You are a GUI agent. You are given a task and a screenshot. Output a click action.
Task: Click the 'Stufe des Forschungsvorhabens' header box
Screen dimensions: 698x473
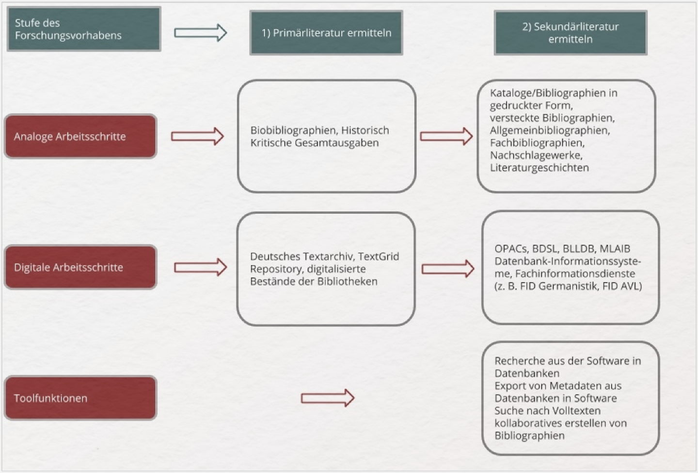click(x=84, y=29)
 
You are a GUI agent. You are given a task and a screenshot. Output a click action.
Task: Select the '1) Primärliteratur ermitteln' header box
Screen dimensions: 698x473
click(x=326, y=33)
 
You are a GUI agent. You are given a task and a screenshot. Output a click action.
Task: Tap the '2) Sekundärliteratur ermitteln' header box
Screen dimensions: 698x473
click(x=571, y=33)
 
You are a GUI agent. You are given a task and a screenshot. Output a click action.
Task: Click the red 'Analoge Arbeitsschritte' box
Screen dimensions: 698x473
click(x=80, y=136)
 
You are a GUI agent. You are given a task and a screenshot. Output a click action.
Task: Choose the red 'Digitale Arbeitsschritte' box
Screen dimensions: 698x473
click(x=80, y=267)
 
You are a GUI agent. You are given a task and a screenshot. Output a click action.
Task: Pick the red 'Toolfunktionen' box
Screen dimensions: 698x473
click(x=80, y=398)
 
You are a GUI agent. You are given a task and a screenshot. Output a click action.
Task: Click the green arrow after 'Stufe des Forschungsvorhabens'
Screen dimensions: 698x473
click(x=200, y=33)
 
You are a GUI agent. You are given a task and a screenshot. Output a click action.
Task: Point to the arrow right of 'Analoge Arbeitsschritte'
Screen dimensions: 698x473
click(x=198, y=136)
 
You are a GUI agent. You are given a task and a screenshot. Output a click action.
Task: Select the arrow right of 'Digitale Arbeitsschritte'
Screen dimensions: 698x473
click(x=200, y=267)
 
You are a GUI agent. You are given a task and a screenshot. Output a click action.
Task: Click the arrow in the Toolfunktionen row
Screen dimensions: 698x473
click(x=328, y=398)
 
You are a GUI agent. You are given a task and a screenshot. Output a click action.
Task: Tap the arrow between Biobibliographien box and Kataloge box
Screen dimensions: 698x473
click(x=446, y=136)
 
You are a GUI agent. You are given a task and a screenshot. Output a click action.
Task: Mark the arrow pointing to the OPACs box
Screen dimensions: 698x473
click(x=448, y=269)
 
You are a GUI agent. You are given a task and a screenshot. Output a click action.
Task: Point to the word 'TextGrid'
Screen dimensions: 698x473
click(x=378, y=256)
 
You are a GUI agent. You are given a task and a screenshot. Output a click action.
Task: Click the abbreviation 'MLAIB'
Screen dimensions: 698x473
click(x=615, y=248)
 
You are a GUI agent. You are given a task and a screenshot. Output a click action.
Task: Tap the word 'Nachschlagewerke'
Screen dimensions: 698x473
click(x=536, y=155)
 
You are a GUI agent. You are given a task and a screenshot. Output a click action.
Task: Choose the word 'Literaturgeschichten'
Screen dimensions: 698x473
click(x=539, y=168)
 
